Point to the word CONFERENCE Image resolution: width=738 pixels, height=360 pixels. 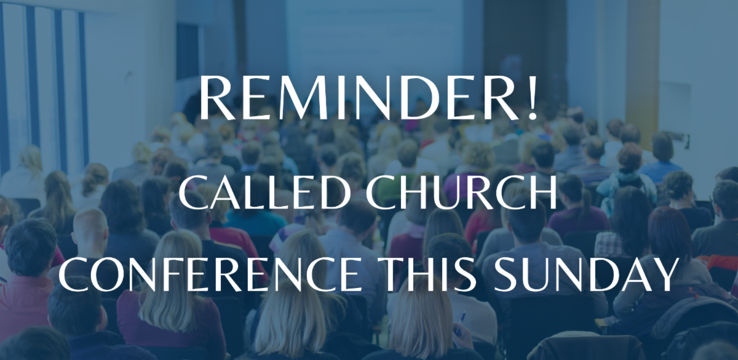210,274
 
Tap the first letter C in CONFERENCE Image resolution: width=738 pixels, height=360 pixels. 76,274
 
